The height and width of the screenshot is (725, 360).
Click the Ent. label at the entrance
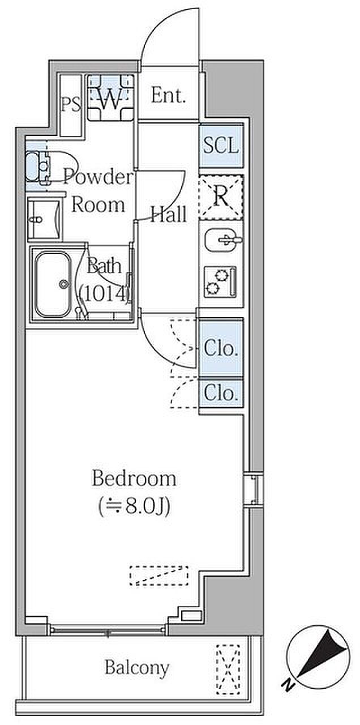(x=168, y=96)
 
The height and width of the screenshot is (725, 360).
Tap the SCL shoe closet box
(x=221, y=146)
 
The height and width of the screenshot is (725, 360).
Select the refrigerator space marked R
(x=221, y=197)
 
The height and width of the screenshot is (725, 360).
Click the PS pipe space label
(x=71, y=105)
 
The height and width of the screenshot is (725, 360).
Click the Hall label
(x=168, y=215)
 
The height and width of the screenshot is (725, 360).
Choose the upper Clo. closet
(x=221, y=348)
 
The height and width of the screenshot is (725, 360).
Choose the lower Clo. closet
(x=221, y=393)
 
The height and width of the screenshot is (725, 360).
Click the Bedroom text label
(x=134, y=479)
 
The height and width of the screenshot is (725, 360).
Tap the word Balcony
(x=136, y=668)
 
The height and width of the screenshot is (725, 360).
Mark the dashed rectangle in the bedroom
(x=158, y=575)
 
